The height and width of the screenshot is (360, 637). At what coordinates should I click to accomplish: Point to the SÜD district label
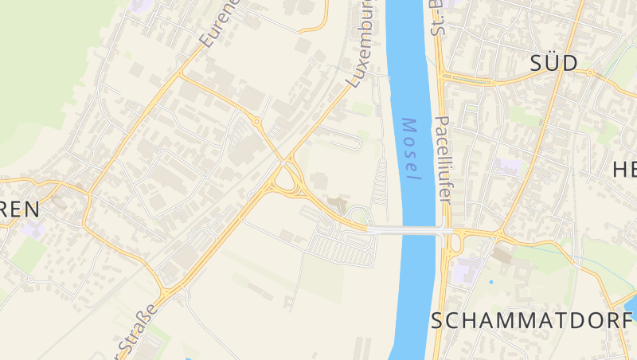point(553,65)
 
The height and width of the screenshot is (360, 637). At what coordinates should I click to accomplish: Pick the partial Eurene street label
point(220,23)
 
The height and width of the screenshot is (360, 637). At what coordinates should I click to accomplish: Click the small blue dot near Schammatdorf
point(491,282)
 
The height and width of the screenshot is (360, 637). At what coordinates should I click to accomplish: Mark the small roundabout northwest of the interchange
point(256,121)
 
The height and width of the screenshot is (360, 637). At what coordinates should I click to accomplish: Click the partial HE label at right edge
point(624,169)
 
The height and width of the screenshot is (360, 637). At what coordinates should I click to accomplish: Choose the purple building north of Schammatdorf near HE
point(507,166)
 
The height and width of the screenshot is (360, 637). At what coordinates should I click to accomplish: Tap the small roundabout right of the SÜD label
point(590,72)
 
